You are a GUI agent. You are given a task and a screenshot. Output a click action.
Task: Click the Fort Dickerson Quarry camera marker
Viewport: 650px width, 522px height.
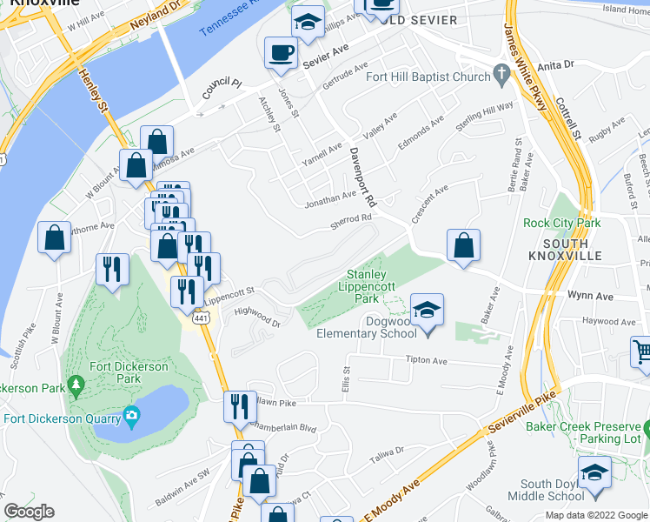click(x=131, y=413)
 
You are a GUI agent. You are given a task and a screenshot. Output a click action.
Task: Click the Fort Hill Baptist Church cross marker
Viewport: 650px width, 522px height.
click(x=501, y=75)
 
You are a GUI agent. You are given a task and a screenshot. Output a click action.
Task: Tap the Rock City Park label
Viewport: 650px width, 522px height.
click(x=561, y=223)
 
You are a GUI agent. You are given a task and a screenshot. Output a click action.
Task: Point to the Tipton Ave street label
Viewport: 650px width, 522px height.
click(x=426, y=360)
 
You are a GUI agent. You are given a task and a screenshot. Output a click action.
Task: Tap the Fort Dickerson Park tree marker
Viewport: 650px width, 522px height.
click(x=76, y=383)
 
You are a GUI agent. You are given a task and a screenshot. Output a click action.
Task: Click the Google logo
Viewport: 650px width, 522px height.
click(x=29, y=512)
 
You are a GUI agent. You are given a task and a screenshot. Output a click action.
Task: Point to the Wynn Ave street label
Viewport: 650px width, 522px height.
click(x=591, y=297)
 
